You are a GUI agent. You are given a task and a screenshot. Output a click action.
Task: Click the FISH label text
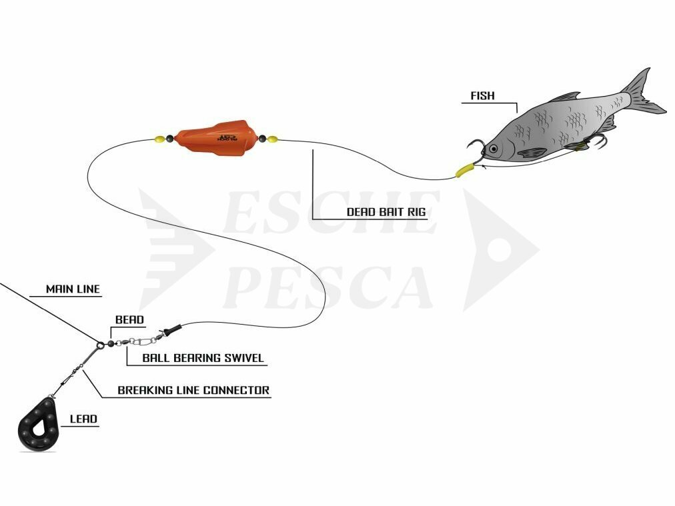pyautogui.click(x=483, y=95)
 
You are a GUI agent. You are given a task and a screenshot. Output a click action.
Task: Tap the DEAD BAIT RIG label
pyautogui.click(x=386, y=212)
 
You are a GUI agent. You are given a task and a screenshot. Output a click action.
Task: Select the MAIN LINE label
pyautogui.click(x=73, y=289)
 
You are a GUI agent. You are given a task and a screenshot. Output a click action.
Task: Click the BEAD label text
pyautogui.click(x=129, y=320)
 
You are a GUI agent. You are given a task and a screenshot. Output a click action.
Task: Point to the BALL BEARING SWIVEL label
pyautogui.click(x=203, y=358)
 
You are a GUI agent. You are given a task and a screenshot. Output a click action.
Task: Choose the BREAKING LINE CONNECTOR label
pyautogui.click(x=193, y=390)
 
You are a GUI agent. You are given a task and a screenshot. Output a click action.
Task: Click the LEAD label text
pyautogui.click(x=83, y=419)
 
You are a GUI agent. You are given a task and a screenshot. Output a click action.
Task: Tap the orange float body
pyautogui.click(x=217, y=138)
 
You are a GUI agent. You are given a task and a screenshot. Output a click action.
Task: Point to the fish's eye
pyautogui.click(x=494, y=149)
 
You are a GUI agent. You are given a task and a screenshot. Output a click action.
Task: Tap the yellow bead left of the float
pyautogui.click(x=159, y=139)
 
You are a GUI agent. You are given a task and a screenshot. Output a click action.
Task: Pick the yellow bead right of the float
pyautogui.click(x=273, y=139)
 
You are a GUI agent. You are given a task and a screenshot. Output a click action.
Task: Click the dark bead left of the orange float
pyautogui.click(x=169, y=139)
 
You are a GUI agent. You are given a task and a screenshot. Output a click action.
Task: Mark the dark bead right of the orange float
pyautogui.click(x=262, y=139)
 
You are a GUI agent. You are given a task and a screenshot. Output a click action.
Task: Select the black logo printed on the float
pyautogui.click(x=227, y=138)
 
